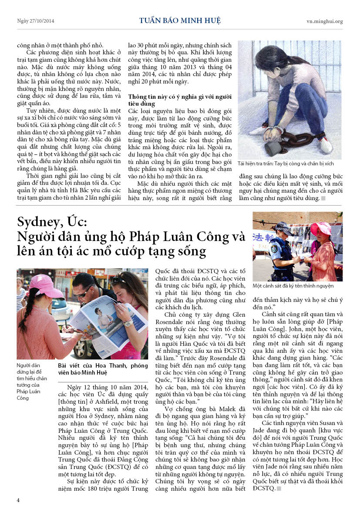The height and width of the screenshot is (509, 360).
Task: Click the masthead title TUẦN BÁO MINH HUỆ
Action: [x=180, y=21]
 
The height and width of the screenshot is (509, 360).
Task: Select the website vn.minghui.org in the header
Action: [x=324, y=21]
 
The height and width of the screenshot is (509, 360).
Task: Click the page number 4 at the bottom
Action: [x=18, y=499]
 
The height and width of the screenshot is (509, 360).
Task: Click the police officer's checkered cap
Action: [x=283, y=226]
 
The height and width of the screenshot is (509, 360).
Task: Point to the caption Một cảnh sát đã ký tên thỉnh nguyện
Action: [x=293, y=286]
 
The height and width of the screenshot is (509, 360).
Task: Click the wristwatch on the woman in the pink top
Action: [x=128, y=323]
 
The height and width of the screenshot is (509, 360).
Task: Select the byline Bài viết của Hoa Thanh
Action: [x=103, y=366]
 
